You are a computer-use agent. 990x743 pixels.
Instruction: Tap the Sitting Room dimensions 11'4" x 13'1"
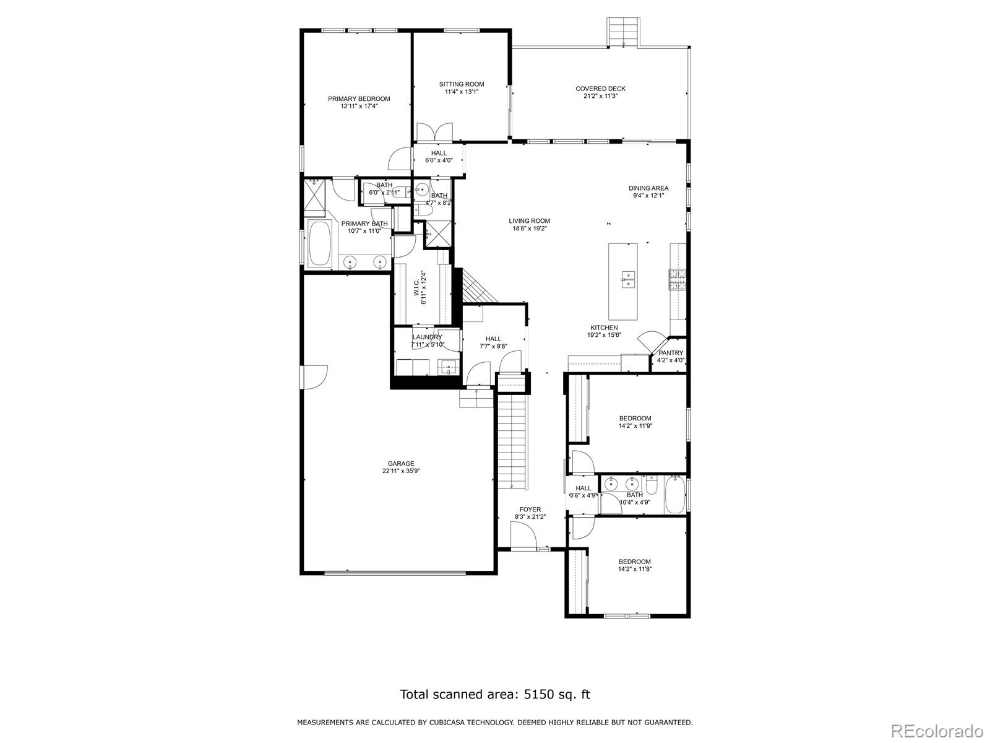pyautogui.click(x=462, y=92)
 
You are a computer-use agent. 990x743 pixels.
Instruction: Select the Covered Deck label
pyautogui.click(x=600, y=89)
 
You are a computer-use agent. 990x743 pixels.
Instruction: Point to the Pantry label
pyautogui.click(x=671, y=353)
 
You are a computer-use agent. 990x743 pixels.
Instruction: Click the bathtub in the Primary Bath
pyautogui.click(x=319, y=245)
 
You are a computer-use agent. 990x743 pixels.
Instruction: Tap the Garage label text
pyautogui.click(x=401, y=463)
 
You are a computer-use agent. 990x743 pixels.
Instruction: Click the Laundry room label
pyautogui.click(x=427, y=337)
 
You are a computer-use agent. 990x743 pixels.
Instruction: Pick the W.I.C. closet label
pyautogui.click(x=418, y=287)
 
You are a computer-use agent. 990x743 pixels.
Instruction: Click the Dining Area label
pyautogui.click(x=648, y=188)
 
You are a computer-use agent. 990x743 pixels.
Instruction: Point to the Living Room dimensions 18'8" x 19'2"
pyautogui.click(x=529, y=228)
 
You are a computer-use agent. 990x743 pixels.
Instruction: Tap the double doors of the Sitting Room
pyautogui.click(x=434, y=132)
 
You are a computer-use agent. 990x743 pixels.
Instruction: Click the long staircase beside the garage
pyautogui.click(x=512, y=440)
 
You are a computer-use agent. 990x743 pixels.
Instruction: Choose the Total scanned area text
pyautogui.click(x=495, y=694)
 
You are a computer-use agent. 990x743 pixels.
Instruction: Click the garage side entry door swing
pyautogui.click(x=314, y=376)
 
